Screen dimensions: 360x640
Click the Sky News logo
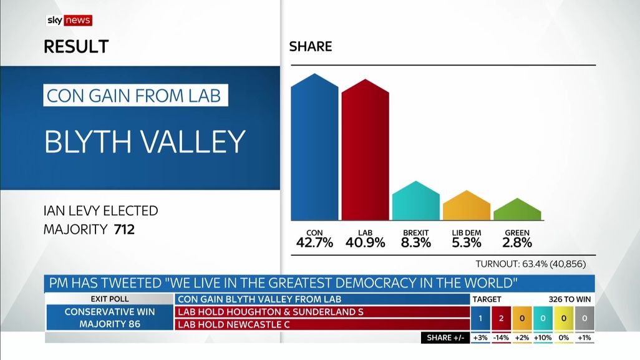69,20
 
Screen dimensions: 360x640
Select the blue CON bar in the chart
314,150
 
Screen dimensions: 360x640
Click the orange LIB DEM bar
467,207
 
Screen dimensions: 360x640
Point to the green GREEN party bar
517,210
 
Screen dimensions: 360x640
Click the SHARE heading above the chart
311,47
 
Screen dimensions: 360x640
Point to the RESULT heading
76,47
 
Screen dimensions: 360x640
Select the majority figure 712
124,230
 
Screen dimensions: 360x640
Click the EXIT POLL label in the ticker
110,299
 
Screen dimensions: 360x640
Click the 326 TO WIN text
570,299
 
